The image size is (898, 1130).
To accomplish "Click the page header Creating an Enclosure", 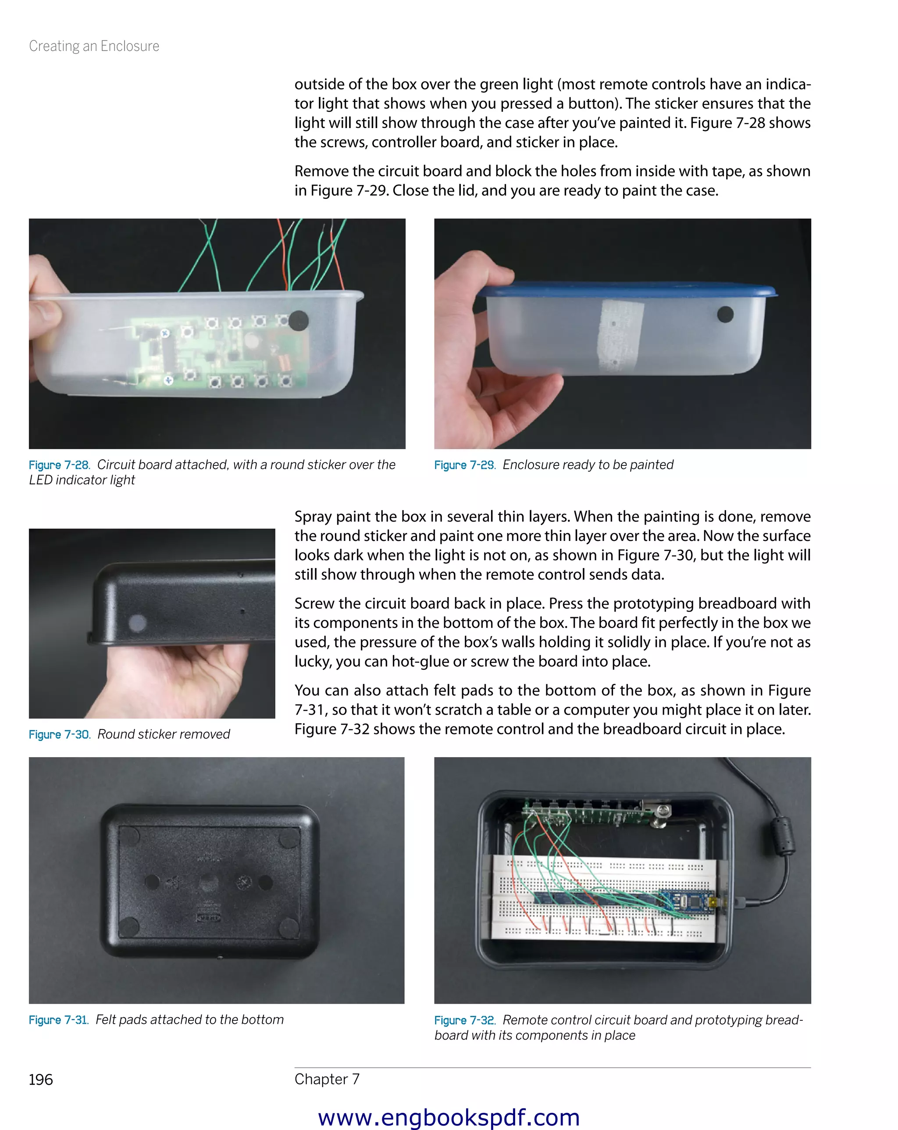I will (94, 46).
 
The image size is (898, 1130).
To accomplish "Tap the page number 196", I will (41, 1080).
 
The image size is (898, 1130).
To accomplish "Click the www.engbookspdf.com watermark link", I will (449, 1117).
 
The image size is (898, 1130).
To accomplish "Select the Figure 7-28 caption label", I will (59, 465).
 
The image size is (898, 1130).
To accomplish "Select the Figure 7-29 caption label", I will (464, 465).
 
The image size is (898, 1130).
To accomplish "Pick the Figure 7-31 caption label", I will (59, 1020).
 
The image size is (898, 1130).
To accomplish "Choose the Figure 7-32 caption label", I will (464, 1020).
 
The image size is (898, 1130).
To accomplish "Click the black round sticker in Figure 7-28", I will (299, 320).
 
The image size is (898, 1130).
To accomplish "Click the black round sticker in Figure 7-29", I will (725, 315).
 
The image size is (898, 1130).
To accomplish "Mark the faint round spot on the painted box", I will (138, 622).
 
